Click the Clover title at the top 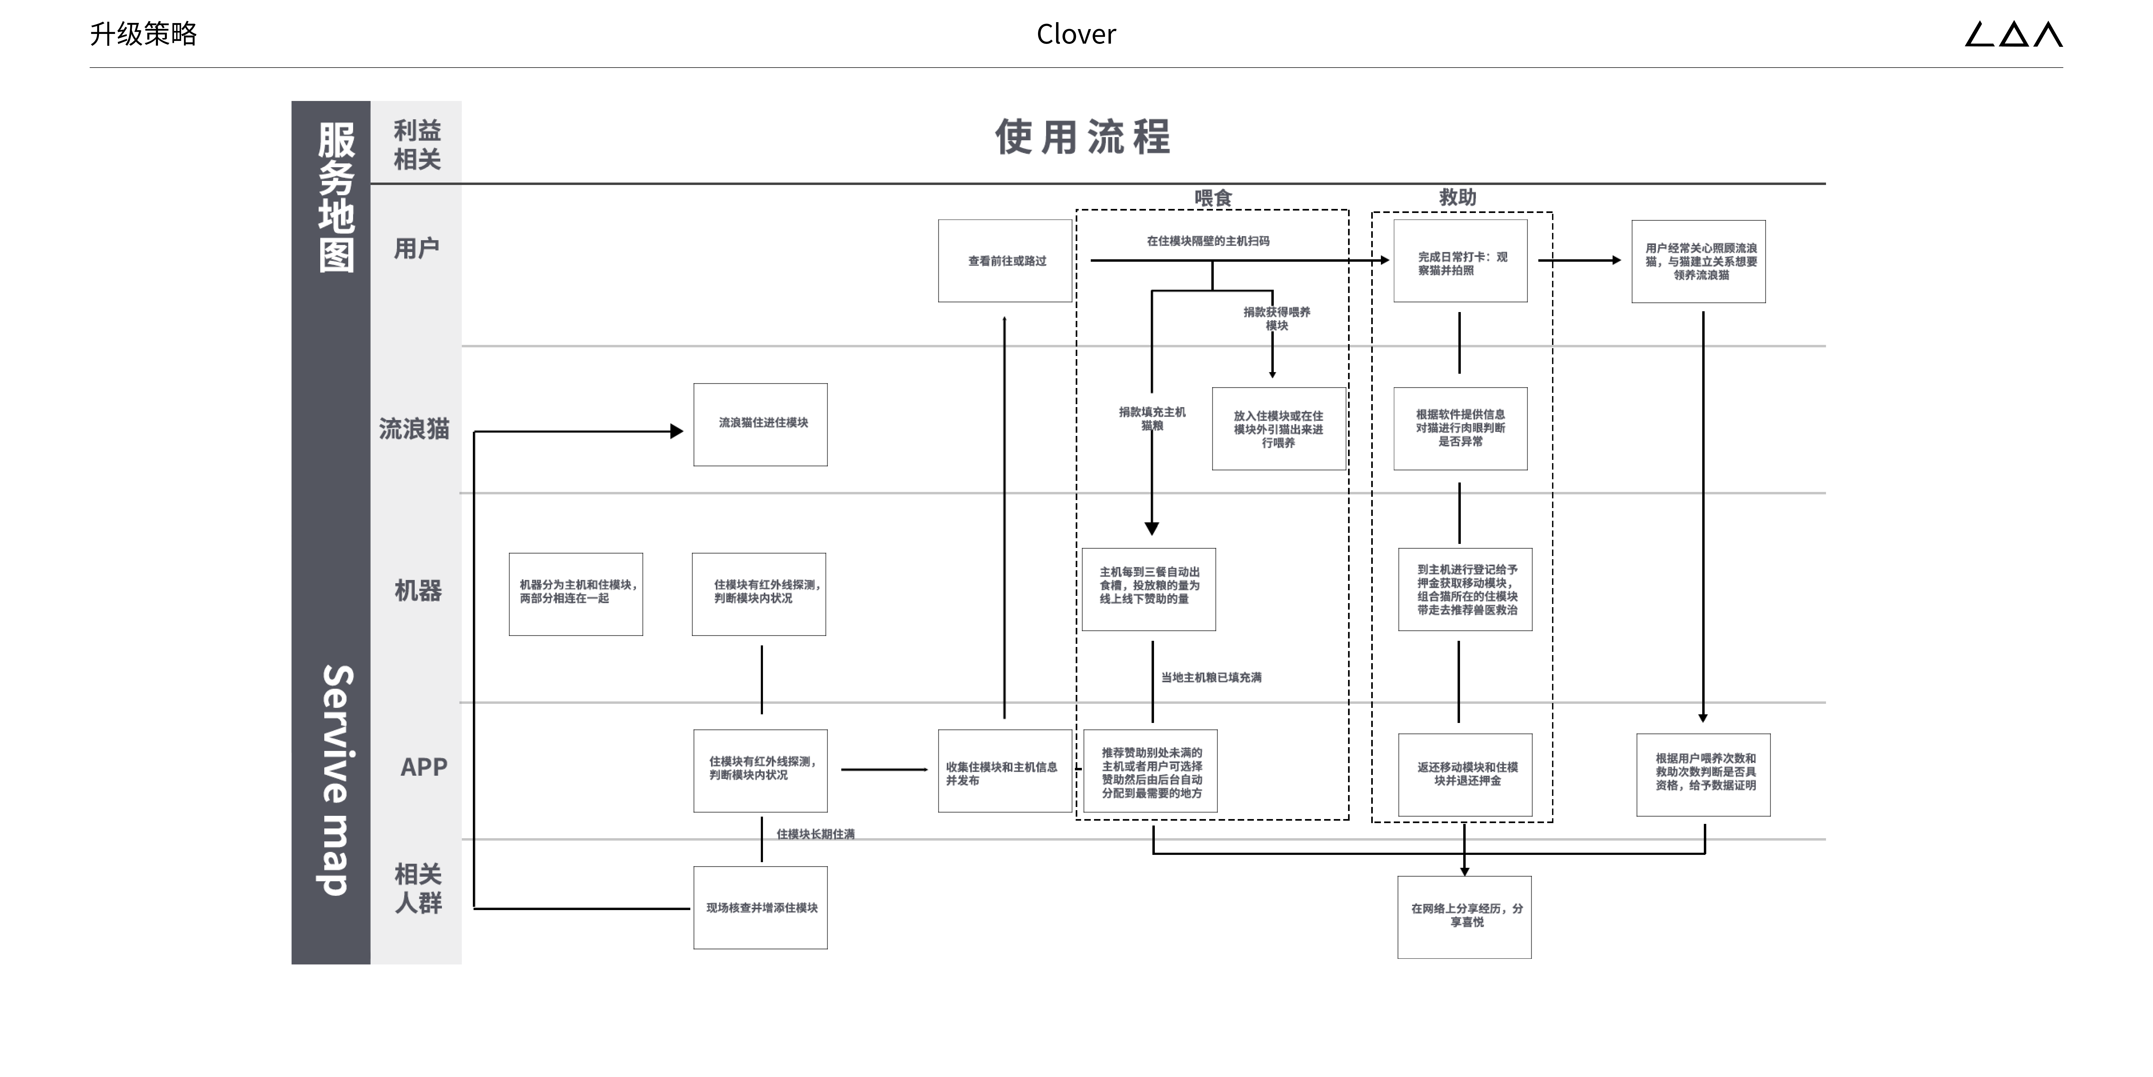1076,34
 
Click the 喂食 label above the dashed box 1213,198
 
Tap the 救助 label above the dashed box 1458,197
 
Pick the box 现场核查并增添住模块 761,907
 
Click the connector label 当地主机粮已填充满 1211,677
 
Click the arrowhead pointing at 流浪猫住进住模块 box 677,431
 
